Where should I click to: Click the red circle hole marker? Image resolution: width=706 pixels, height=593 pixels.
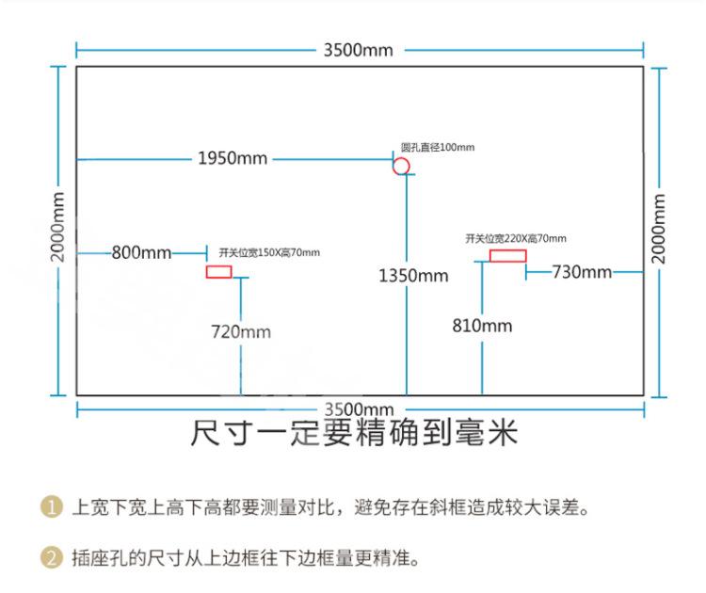click(401, 167)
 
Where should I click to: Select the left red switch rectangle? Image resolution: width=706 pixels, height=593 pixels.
click(219, 272)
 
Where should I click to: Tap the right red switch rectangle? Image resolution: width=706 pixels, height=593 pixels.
click(507, 255)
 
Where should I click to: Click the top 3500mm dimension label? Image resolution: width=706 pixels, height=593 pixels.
click(358, 50)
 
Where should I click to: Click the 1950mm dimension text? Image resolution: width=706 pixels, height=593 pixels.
click(233, 158)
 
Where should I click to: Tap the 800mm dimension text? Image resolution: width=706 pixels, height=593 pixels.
click(141, 252)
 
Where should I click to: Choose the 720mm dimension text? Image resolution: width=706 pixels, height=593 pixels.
click(240, 331)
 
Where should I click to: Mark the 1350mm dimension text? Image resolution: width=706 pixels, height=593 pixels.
click(413, 276)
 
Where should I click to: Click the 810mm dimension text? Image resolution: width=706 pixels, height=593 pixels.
click(482, 326)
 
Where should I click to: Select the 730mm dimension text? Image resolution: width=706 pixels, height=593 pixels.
click(582, 272)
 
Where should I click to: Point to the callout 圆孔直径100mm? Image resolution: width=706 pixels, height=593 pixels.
click(438, 147)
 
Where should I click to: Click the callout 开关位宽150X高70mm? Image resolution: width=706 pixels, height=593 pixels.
click(269, 252)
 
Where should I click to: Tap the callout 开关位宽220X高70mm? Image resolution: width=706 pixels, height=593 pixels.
click(516, 238)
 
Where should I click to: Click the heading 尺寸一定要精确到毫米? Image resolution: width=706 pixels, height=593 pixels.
click(354, 434)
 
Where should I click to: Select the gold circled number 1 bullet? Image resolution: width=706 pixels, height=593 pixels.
click(50, 508)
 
